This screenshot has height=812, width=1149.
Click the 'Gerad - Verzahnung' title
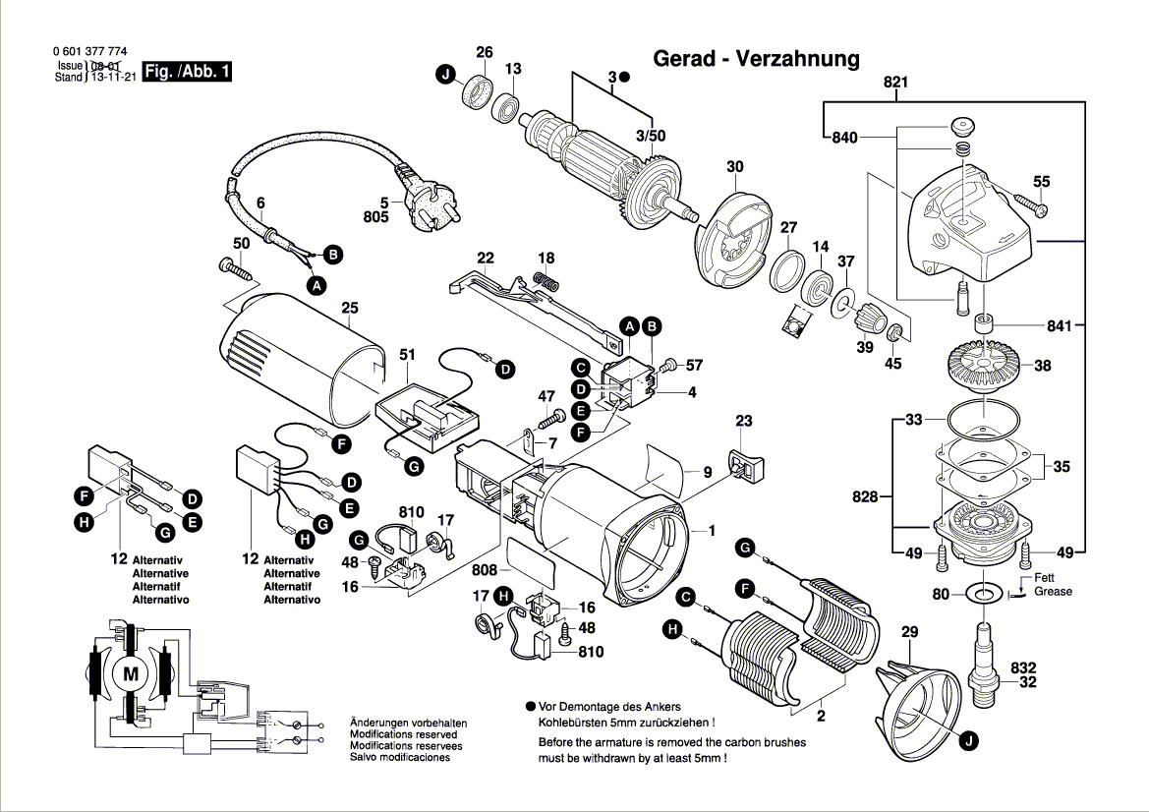[x=756, y=58]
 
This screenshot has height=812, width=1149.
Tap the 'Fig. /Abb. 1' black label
[x=187, y=72]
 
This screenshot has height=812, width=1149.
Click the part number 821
[x=895, y=84]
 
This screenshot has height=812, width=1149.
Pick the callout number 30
[x=735, y=167]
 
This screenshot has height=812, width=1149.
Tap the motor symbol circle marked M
[x=131, y=673]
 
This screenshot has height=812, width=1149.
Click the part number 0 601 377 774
[x=88, y=52]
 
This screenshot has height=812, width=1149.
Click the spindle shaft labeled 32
[x=983, y=659]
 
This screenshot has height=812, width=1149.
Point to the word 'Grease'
[x=1053, y=592]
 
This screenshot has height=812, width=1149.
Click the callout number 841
[x=1058, y=325]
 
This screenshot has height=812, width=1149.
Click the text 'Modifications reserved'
[x=403, y=734]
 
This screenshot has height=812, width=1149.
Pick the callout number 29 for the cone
[x=908, y=631]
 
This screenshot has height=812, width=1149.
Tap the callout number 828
[x=865, y=497]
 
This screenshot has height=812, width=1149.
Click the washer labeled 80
[x=981, y=594]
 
